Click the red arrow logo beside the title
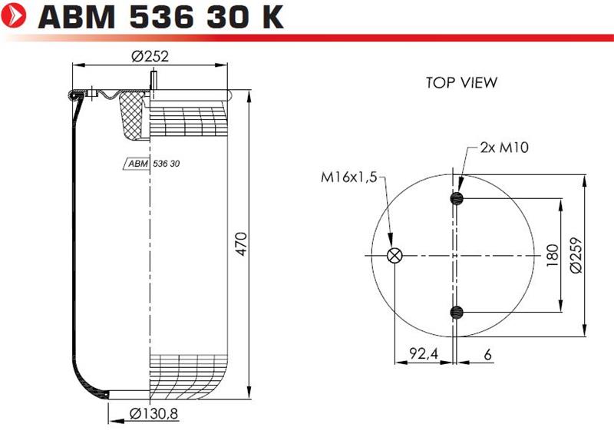click(13, 16)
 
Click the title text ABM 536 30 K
click(160, 17)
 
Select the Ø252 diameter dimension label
click(150, 56)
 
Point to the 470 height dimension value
click(242, 244)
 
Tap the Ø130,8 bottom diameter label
click(154, 413)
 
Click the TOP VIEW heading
click(462, 83)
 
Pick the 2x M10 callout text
click(504, 147)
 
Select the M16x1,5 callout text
click(349, 177)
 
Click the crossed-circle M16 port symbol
click(394, 256)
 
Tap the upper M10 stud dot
click(457, 198)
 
